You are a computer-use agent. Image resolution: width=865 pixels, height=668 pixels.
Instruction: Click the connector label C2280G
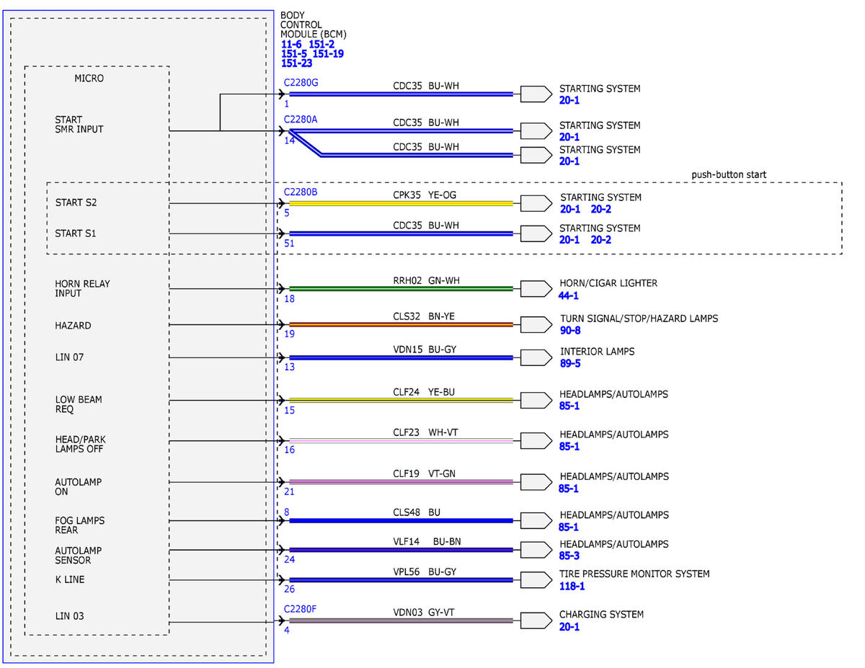coord(301,83)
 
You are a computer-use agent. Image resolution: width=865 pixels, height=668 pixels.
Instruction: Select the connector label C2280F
coord(300,609)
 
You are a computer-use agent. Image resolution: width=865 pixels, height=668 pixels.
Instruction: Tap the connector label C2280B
coord(301,192)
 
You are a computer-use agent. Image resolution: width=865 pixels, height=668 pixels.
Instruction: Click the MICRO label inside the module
coord(89,79)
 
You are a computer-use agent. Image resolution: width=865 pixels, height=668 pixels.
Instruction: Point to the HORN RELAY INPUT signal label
coord(82,288)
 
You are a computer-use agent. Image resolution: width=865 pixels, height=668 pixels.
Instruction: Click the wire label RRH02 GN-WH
coord(426,280)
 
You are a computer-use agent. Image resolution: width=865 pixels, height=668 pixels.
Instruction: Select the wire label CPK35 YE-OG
coord(425,195)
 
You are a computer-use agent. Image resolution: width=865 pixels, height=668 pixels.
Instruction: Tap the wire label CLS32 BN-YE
coord(424,316)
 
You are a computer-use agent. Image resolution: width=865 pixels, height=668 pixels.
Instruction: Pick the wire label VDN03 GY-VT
coord(424,613)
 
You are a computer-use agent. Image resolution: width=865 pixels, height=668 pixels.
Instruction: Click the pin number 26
coord(289,589)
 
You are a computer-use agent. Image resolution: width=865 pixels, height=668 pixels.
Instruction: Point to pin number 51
coord(289,244)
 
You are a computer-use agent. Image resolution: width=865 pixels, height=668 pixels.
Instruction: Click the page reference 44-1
coord(569,295)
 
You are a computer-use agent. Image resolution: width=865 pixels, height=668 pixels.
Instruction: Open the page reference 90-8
coord(570,330)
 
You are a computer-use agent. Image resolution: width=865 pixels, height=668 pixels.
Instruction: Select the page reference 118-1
coord(572,586)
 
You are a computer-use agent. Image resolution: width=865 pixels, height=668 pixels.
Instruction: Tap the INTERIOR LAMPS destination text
coord(597,352)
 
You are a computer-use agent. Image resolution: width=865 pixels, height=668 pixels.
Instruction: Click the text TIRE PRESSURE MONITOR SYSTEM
coord(634,574)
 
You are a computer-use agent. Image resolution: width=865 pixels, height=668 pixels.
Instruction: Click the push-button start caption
coord(729,174)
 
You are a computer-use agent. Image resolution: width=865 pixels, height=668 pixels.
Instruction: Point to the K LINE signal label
coord(70,579)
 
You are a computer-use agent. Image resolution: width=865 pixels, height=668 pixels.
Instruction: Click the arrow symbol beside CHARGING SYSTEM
coord(536,620)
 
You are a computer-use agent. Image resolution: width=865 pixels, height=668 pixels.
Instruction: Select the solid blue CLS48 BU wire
coord(401,521)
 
